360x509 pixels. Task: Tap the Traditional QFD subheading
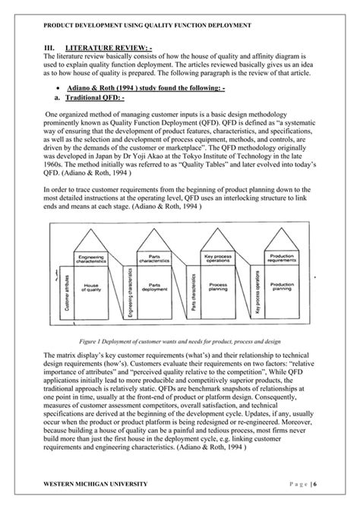(x=96, y=98)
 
